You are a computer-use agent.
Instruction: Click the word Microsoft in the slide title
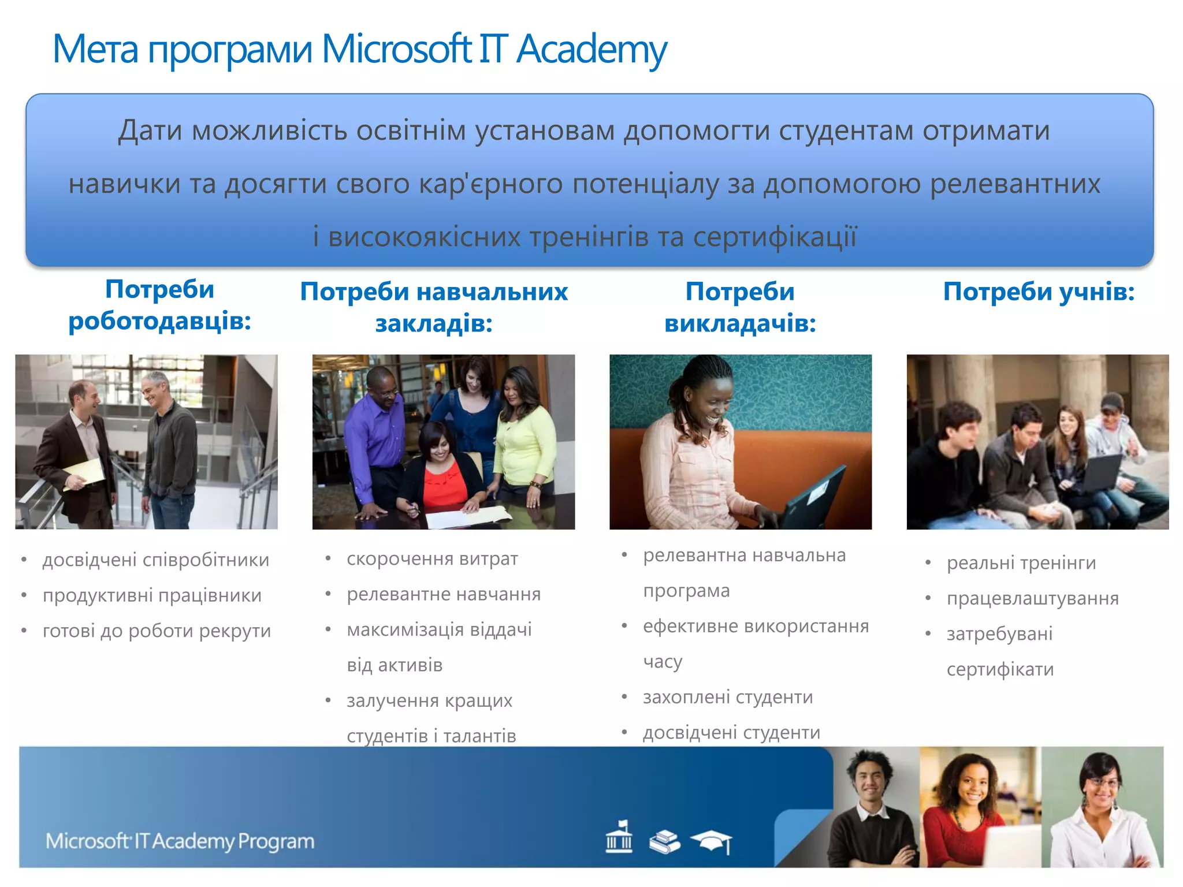[396, 50]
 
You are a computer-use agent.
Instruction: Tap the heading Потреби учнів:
[1039, 292]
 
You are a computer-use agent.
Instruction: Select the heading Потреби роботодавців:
[159, 305]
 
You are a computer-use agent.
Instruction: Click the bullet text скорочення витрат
[432, 559]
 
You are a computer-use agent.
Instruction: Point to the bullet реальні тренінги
[1021, 562]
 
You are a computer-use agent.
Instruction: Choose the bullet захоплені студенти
[728, 697]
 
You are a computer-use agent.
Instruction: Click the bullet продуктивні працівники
[152, 595]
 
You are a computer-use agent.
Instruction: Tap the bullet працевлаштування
[1033, 598]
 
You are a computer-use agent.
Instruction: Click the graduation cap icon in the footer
[713, 841]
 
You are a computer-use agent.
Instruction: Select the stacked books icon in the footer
[665, 841]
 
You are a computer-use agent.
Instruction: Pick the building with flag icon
[619, 837]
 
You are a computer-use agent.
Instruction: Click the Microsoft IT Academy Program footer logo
[180, 841]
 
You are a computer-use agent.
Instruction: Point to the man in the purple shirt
[375, 430]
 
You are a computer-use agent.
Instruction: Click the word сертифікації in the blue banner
[775, 237]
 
